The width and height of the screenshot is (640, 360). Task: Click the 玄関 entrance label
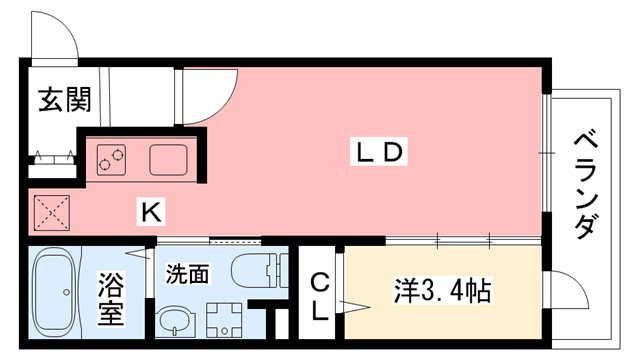tap(65, 100)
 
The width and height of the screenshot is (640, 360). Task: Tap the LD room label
tap(380, 152)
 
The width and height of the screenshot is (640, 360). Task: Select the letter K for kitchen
tap(151, 212)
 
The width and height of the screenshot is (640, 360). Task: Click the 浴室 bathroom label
tap(111, 299)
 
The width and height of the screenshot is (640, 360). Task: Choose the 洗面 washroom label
tap(187, 271)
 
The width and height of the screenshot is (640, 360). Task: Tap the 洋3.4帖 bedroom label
tap(439, 293)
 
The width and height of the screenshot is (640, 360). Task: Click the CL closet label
tap(320, 295)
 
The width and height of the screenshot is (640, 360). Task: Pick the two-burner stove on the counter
tap(113, 159)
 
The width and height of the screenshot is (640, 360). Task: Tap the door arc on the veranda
tap(571, 300)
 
